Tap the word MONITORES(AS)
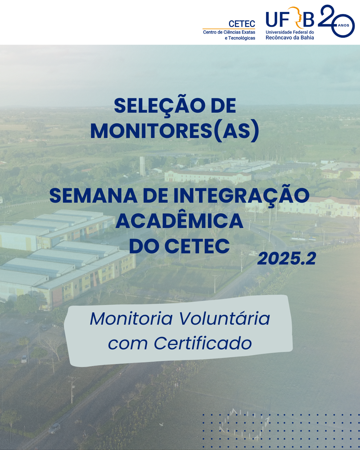coord(174,131)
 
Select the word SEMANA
coord(93,196)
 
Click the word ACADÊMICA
coord(179,221)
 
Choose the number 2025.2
coord(287,259)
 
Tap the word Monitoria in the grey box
coord(131,318)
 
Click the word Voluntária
coord(224,318)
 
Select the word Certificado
coord(203,343)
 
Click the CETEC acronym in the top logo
coord(242,24)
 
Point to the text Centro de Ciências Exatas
coord(229,32)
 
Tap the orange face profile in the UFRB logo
coord(296,17)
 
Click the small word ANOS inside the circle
coord(343,25)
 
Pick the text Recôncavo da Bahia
coord(290,38)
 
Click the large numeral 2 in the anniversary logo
coord(326,15)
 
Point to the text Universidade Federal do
coord(290,32)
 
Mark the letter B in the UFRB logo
coord(308,20)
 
